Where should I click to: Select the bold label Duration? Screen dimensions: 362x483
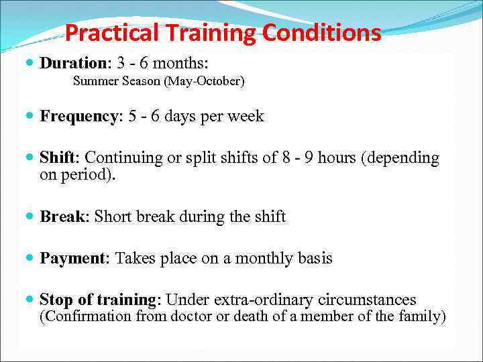(69, 63)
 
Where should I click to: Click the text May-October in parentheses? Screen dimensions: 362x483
(212, 82)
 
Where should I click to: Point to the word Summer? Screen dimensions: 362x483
(93, 82)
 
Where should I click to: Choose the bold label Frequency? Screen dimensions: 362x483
(78, 117)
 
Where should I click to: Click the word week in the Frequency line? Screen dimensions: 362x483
(246, 117)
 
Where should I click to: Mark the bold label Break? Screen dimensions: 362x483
(63, 217)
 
